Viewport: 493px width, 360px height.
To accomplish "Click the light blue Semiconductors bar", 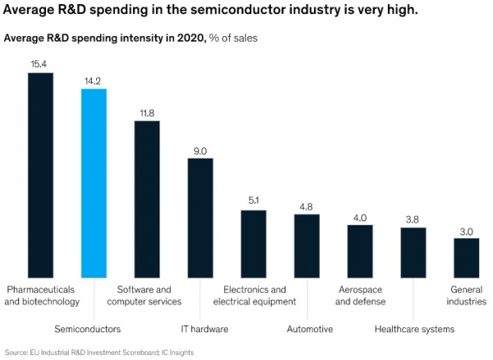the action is click(x=94, y=183).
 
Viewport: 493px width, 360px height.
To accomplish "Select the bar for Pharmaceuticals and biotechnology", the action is click(x=40, y=175).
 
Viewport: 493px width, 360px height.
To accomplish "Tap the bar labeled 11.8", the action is click(x=147, y=200).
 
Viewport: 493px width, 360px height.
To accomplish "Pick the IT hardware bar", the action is click(x=200, y=218).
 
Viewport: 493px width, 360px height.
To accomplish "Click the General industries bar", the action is click(x=467, y=258).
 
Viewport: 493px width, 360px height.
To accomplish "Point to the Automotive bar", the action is click(x=306, y=247).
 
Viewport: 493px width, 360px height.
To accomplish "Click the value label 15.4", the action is click(x=39, y=64).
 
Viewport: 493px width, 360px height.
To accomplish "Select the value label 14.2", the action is click(x=92, y=81).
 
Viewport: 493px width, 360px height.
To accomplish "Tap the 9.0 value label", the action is click(x=200, y=151).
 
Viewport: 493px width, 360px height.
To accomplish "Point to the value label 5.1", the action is click(x=253, y=201).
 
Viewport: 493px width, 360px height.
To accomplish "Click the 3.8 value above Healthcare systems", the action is click(x=412, y=219).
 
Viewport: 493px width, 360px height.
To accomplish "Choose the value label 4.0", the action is click(x=360, y=218).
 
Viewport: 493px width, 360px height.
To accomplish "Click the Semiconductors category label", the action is click(x=88, y=330).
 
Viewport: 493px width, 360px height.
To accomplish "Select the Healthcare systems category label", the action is click(x=415, y=330).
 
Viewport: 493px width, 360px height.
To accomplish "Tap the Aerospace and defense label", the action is click(x=361, y=296).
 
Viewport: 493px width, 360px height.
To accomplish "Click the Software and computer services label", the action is click(x=145, y=296).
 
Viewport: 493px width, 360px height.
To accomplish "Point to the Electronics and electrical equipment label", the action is click(x=255, y=296).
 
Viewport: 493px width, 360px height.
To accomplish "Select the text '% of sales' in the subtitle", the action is click(x=233, y=38).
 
